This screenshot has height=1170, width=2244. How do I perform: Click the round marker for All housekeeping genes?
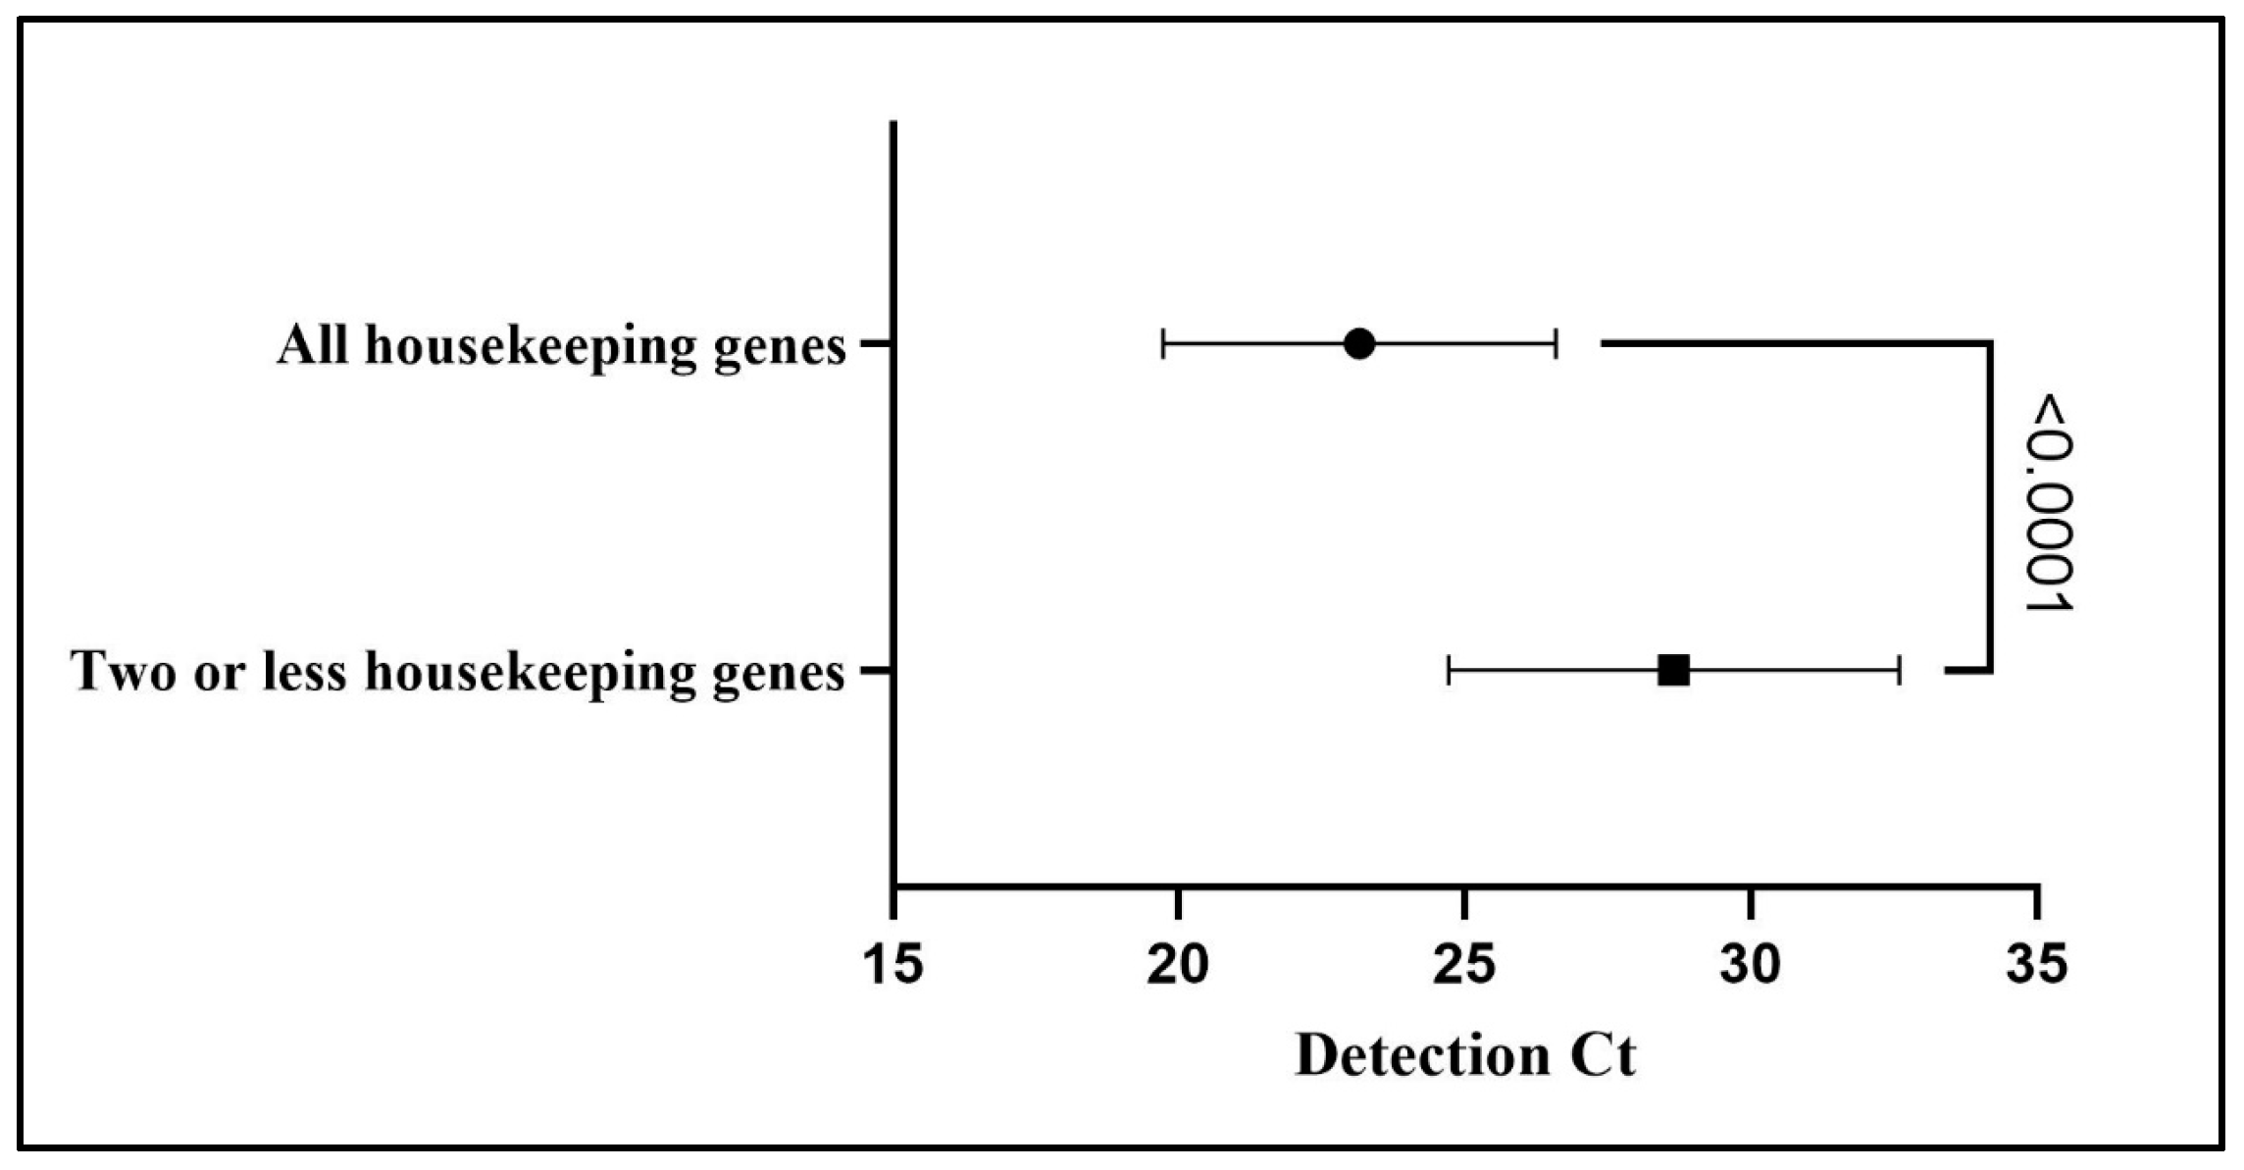1358,344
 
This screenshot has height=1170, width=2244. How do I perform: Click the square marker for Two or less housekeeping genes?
1673,671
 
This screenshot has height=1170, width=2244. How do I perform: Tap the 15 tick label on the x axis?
893,964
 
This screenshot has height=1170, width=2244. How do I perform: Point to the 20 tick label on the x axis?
1178,964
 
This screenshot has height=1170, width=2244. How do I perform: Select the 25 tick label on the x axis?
1464,964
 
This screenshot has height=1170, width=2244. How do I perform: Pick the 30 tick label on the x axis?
1751,964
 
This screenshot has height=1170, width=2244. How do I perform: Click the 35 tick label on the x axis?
2037,964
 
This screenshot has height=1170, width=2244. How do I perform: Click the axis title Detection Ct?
1465,1056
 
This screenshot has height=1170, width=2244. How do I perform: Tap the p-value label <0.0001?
2050,503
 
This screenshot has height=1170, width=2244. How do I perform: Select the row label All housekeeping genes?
561,346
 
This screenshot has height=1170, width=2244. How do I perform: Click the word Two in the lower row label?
124,672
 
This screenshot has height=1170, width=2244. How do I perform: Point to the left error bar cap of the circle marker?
1163,344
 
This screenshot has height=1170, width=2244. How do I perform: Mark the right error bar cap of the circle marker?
1555,344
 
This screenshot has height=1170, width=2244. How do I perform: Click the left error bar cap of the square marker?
1449,671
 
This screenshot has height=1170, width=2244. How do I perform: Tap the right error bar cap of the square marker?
1900,671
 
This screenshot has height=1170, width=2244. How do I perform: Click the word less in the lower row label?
305,672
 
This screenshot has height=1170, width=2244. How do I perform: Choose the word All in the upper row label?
312,345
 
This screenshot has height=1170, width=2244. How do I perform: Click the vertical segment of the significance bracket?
1990,507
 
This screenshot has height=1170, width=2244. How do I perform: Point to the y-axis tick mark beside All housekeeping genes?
876,344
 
